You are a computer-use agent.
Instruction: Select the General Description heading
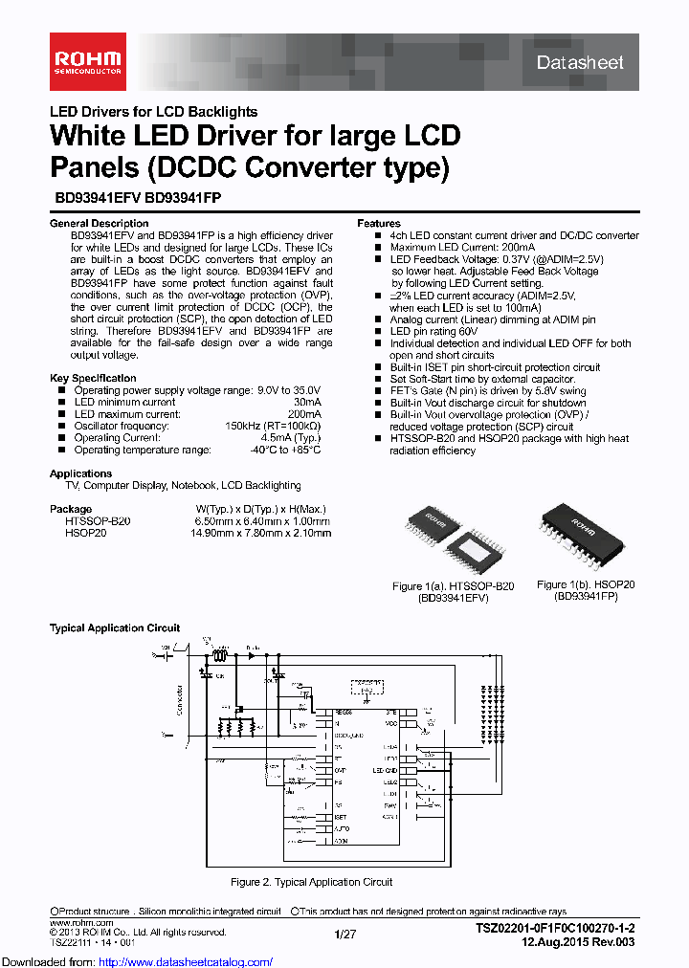(99, 224)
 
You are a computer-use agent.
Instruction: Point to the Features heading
(379, 224)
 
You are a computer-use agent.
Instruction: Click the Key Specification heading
(93, 379)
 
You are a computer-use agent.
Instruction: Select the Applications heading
(80, 473)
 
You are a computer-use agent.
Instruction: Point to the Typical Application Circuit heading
(115, 628)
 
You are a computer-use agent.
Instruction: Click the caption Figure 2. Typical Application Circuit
(312, 882)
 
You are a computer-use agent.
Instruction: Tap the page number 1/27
(344, 933)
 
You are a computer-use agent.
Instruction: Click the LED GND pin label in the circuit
(385, 770)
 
